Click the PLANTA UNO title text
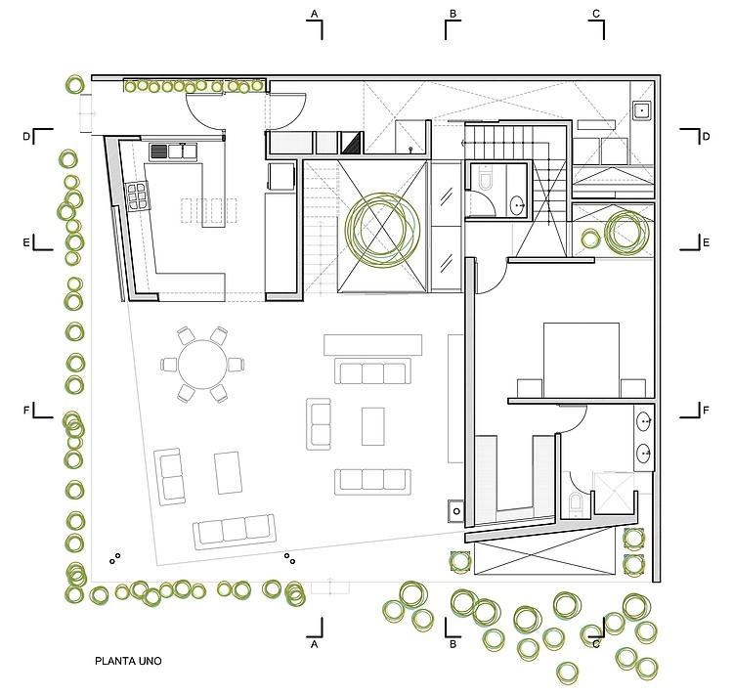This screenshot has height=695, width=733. tap(128, 661)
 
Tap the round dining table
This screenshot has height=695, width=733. tap(202, 365)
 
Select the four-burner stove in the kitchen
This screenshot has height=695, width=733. tap(138, 195)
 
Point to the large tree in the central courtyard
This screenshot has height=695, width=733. tap(382, 229)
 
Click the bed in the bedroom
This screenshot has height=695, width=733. tap(582, 360)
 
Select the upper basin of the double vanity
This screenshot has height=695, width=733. tap(645, 421)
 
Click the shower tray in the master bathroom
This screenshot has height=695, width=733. tap(614, 493)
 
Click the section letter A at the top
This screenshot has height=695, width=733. tap(314, 14)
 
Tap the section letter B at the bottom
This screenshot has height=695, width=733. tap(453, 644)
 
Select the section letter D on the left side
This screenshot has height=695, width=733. tap(26, 137)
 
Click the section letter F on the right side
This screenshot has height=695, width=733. tap(706, 411)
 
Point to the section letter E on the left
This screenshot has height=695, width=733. tap(26, 242)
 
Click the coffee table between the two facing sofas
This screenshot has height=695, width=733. tap(373, 426)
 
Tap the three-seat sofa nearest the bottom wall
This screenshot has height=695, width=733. tap(235, 532)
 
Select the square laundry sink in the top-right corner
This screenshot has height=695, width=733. tap(642, 110)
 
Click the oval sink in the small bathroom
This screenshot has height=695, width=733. tap(517, 205)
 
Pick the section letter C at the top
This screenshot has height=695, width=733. tap(596, 14)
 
